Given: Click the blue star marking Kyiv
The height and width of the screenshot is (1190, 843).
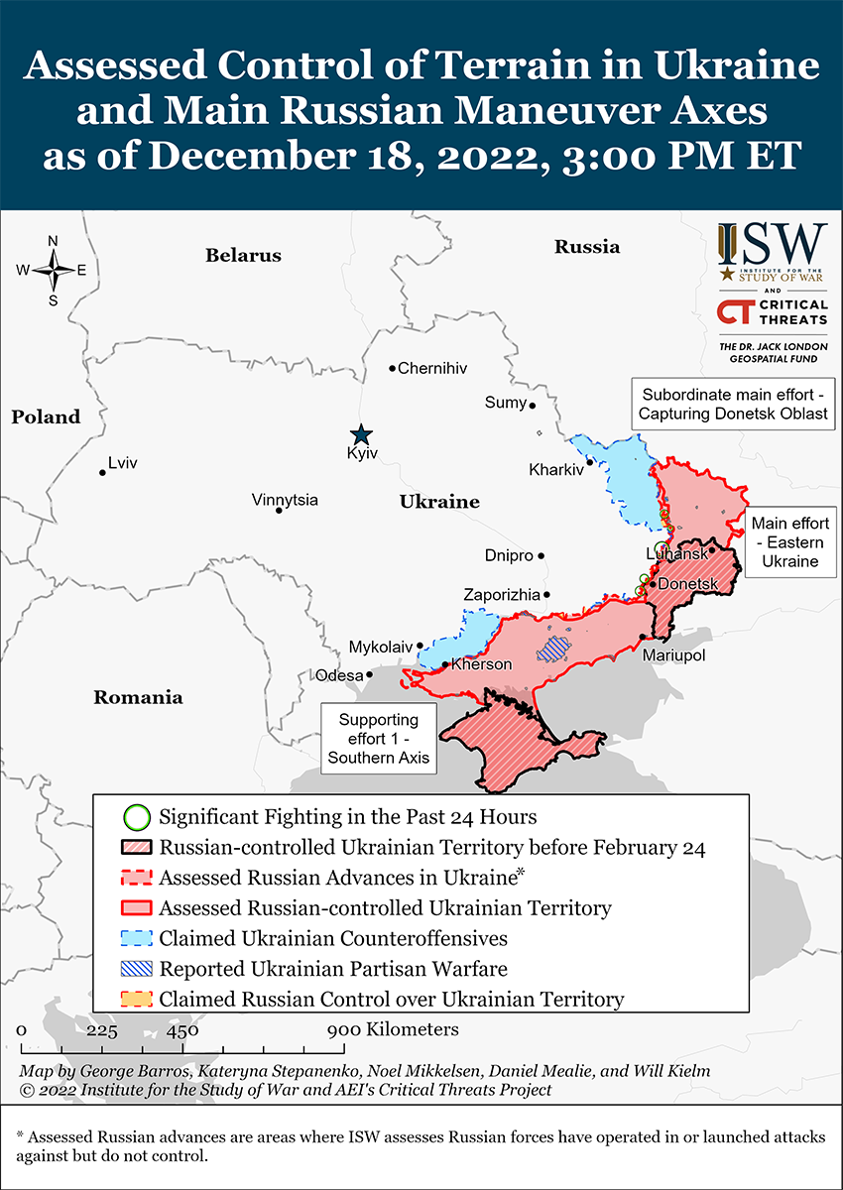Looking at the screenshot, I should (x=361, y=434).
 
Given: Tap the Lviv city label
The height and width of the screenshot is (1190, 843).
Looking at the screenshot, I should (x=123, y=463).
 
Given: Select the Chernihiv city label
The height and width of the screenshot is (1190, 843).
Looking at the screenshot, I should (x=431, y=369).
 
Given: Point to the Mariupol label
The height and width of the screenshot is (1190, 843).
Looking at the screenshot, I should (x=673, y=655).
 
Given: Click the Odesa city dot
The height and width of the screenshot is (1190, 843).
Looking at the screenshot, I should (x=369, y=674).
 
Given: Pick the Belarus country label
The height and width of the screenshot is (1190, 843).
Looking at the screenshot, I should (x=243, y=256).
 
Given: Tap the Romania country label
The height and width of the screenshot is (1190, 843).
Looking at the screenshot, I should (x=138, y=697).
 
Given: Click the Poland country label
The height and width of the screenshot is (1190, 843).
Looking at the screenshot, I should (x=46, y=417).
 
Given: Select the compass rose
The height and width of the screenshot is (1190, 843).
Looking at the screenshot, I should (x=53, y=270).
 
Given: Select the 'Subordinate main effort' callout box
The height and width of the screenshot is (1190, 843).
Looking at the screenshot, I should (x=733, y=403).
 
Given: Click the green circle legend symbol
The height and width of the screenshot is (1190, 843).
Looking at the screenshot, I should (x=137, y=818).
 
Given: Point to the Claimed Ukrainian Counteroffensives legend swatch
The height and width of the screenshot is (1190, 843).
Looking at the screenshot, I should (x=137, y=938).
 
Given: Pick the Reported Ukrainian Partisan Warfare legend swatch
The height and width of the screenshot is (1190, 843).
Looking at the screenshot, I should (x=137, y=969).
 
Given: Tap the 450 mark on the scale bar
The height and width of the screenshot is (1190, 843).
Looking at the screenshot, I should (x=181, y=1030).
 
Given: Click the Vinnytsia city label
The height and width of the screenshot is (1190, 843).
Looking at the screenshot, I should (x=285, y=500).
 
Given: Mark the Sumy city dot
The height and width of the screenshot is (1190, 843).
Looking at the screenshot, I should (x=533, y=405).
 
